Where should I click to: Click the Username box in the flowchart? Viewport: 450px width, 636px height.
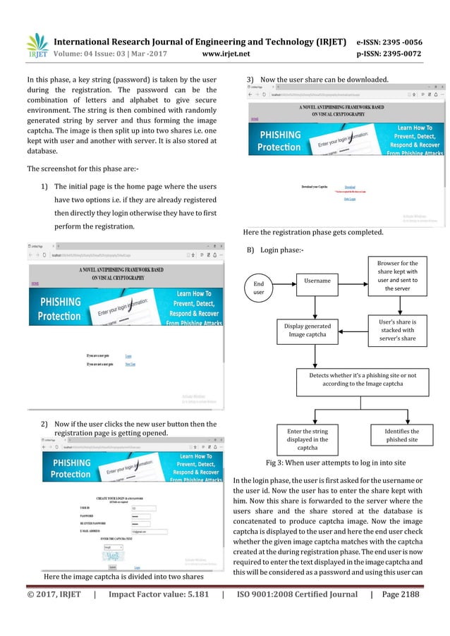(317, 281)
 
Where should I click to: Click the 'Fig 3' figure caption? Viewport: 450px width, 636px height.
(335, 464)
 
